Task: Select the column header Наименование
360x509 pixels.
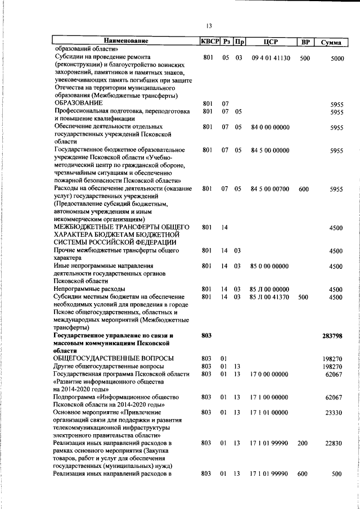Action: click(x=125, y=41)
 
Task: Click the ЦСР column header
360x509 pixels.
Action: click(x=271, y=41)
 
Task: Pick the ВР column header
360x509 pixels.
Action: click(x=305, y=41)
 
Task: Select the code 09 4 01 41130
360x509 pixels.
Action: click(x=271, y=58)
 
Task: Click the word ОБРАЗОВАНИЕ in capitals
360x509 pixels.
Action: click(x=78, y=104)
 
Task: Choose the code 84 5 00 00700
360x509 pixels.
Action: click(x=270, y=189)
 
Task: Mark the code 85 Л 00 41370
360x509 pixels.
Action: click(x=270, y=297)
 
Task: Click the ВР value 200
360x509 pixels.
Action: click(x=303, y=444)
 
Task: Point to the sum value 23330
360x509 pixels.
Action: click(x=335, y=413)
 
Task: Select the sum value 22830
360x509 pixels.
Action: click(x=335, y=444)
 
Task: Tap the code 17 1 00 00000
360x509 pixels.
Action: click(x=270, y=397)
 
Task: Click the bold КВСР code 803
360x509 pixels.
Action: click(x=206, y=335)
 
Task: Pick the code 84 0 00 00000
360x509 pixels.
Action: click(x=270, y=128)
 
